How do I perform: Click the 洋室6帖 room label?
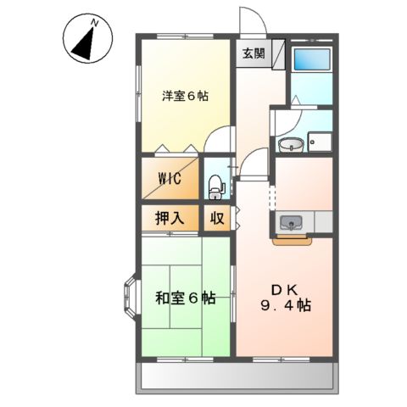(185, 96)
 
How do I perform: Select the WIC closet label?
(169, 179)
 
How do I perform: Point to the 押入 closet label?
(170, 217)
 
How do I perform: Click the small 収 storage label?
(217, 217)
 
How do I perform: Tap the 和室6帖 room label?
(184, 298)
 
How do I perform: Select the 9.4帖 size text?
(284, 304)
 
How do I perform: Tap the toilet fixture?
(215, 181)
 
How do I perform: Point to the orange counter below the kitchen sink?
(292, 239)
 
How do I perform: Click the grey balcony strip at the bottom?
(237, 374)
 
